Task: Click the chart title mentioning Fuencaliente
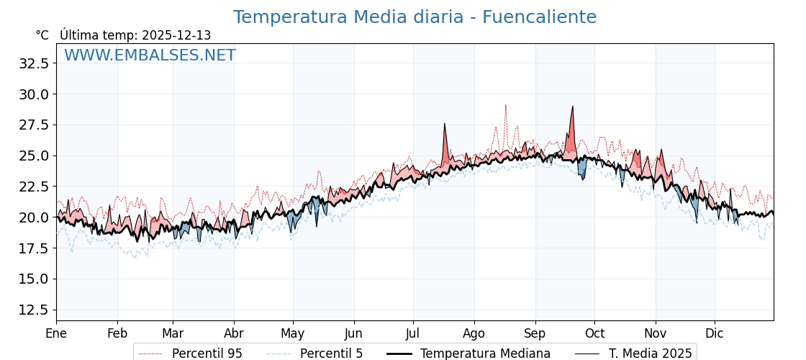[x=415, y=17]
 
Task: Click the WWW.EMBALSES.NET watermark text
[x=150, y=55]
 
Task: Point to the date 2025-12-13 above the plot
[x=176, y=35]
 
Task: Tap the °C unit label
[x=42, y=35]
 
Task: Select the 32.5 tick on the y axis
[x=34, y=63]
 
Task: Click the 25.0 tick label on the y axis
[x=34, y=156]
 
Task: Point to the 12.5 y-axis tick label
[x=34, y=310]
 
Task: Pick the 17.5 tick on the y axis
[x=34, y=248]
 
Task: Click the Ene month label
[x=56, y=333]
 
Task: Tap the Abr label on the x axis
[x=234, y=333]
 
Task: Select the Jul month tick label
[x=413, y=333]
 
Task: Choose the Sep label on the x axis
[x=535, y=333]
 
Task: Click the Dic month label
[x=715, y=333]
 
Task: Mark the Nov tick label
[x=656, y=333]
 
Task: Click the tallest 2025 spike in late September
[x=573, y=107]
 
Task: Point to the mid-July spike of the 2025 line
[x=445, y=125]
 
